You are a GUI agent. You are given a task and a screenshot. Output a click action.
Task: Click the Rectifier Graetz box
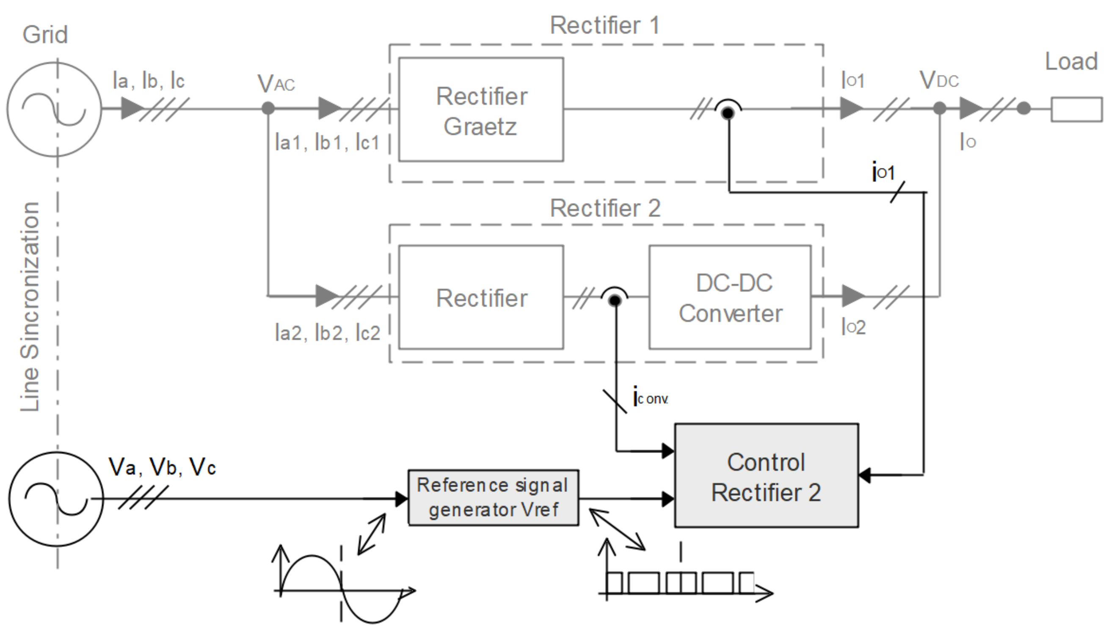tap(481, 110)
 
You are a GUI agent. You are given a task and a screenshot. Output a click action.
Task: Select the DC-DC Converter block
tap(730, 297)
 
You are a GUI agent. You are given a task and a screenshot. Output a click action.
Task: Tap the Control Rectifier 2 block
tap(766, 476)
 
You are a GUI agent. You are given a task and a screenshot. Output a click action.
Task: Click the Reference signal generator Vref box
tap(493, 498)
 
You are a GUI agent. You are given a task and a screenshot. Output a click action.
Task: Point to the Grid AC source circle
tap(54, 110)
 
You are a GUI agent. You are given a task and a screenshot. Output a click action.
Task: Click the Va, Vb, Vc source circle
tap(56, 499)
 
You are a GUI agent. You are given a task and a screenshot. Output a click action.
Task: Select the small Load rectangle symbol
tap(1076, 110)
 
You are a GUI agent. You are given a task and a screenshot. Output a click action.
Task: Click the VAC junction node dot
tap(268, 108)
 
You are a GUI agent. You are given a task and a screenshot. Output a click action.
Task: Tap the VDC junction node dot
tap(940, 108)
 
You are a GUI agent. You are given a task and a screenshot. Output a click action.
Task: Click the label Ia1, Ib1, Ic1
tap(327, 143)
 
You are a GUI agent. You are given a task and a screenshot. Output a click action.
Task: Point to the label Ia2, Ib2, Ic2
tap(328, 333)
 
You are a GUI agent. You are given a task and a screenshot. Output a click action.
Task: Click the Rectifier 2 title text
tap(605, 208)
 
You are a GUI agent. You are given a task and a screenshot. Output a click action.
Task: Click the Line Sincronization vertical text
tap(30, 306)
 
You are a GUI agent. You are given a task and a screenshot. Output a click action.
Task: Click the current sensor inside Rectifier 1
tap(728, 112)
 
